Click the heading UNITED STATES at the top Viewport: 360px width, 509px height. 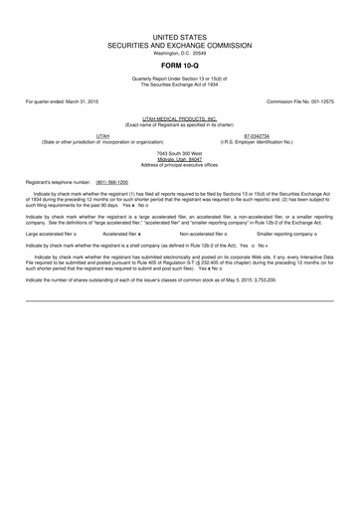180,36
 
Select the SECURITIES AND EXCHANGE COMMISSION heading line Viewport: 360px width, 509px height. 180,45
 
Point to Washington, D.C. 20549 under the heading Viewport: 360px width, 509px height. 180,53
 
